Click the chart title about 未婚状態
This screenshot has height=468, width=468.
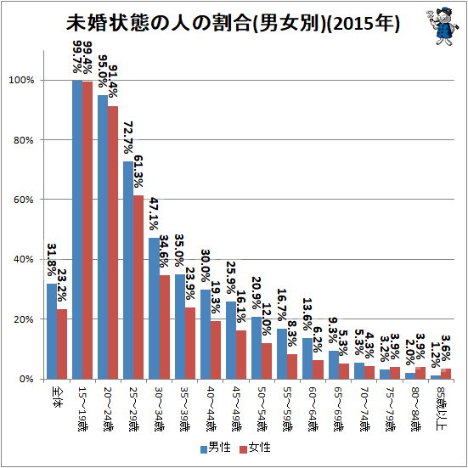coord(233,23)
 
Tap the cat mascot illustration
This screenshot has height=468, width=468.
coord(442,26)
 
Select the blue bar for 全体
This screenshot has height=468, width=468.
coord(52,331)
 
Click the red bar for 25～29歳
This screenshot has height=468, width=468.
coord(138,287)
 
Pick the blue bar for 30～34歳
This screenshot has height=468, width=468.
coord(155,308)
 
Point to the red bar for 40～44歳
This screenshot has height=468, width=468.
coord(216,350)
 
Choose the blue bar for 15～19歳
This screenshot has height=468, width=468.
coord(77,230)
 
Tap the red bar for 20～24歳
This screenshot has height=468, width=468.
coord(113,243)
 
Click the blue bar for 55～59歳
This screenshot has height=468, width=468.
coord(282,354)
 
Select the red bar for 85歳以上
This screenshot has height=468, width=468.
coord(446,374)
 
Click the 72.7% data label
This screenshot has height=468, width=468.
coord(128,138)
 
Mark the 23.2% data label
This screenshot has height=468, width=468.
coord(61,285)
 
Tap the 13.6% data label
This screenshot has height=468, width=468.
coord(307,314)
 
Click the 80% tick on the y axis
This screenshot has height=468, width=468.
coord(23,140)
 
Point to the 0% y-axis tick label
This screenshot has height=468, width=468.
coord(26,380)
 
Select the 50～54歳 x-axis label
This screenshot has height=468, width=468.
coord(262,409)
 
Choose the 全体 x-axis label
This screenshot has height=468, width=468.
coord(57,398)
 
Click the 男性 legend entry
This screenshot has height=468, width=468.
coord(216,448)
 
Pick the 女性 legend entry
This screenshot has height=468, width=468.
coord(256,448)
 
